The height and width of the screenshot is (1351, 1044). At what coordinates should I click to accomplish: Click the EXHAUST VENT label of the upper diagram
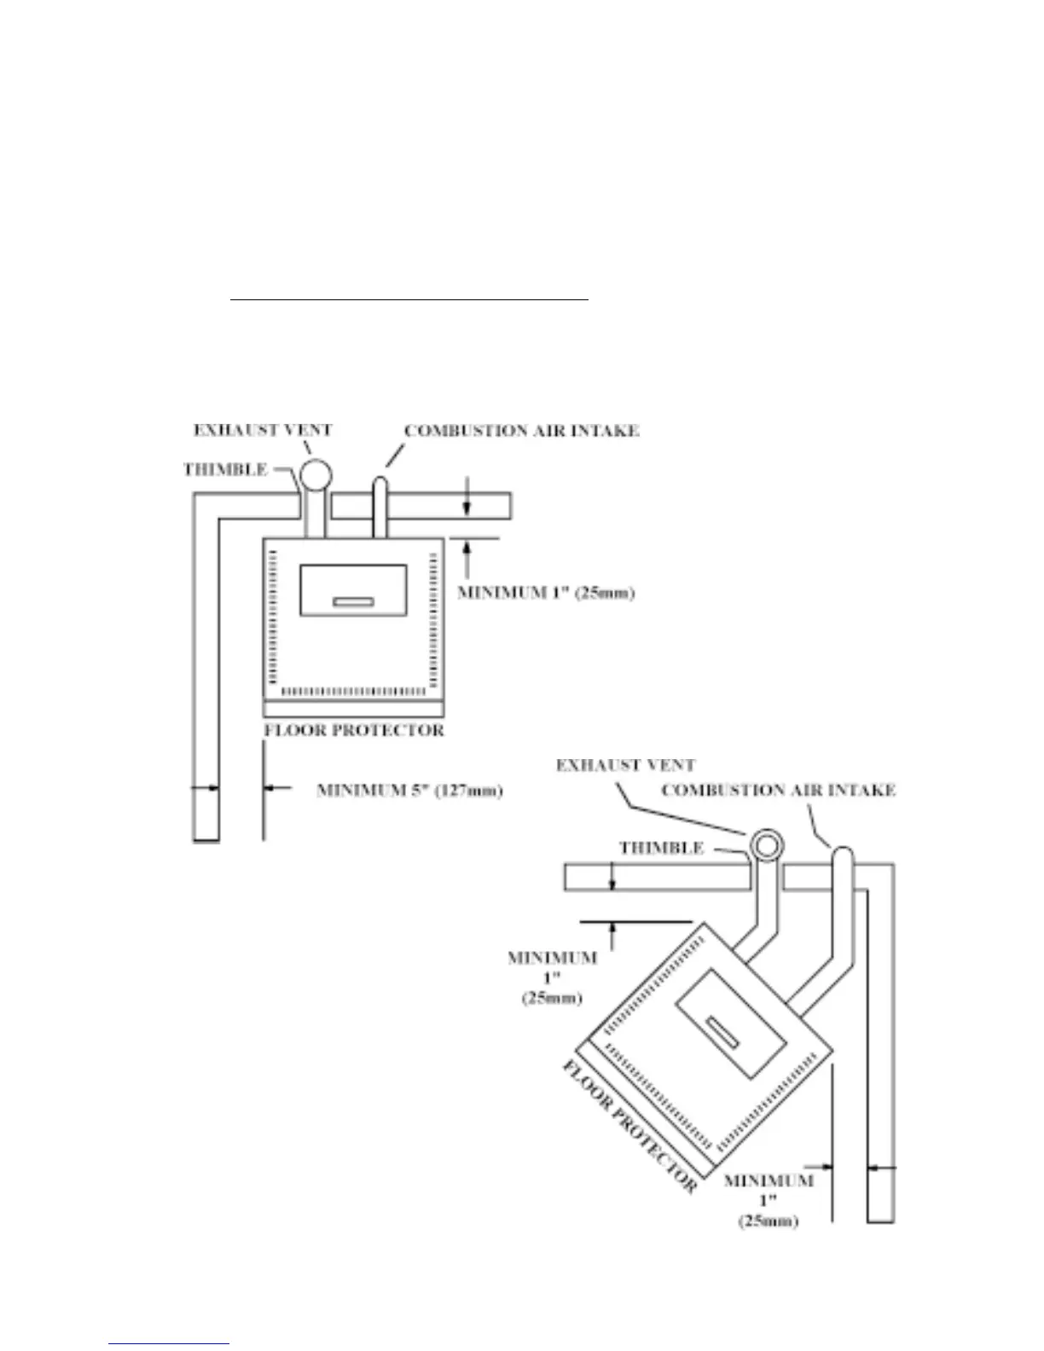262,430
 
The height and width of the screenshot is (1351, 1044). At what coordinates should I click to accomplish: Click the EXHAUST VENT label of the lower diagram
625,765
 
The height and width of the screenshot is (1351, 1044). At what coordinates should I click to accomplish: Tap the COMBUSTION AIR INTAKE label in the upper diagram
521,431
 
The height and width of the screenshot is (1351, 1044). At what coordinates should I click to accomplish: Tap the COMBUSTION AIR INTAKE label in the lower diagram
778,791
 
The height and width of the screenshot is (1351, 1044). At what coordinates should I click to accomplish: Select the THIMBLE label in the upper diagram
225,469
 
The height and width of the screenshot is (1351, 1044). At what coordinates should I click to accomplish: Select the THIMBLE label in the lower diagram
661,848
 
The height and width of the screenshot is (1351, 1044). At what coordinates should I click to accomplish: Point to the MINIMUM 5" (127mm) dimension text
409,791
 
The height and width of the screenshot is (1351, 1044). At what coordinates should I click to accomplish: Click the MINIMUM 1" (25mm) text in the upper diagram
546,592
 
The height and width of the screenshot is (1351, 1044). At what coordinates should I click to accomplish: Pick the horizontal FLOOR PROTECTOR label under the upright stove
353,731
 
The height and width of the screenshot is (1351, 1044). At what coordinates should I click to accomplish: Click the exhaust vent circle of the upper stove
314,473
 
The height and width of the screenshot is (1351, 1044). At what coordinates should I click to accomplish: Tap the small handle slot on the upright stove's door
353,602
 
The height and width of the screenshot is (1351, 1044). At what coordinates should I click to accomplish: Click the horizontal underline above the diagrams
409,300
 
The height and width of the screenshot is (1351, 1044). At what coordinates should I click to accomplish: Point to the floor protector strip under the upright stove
353,709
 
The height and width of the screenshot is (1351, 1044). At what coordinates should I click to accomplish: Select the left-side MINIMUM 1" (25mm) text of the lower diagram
552,977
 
